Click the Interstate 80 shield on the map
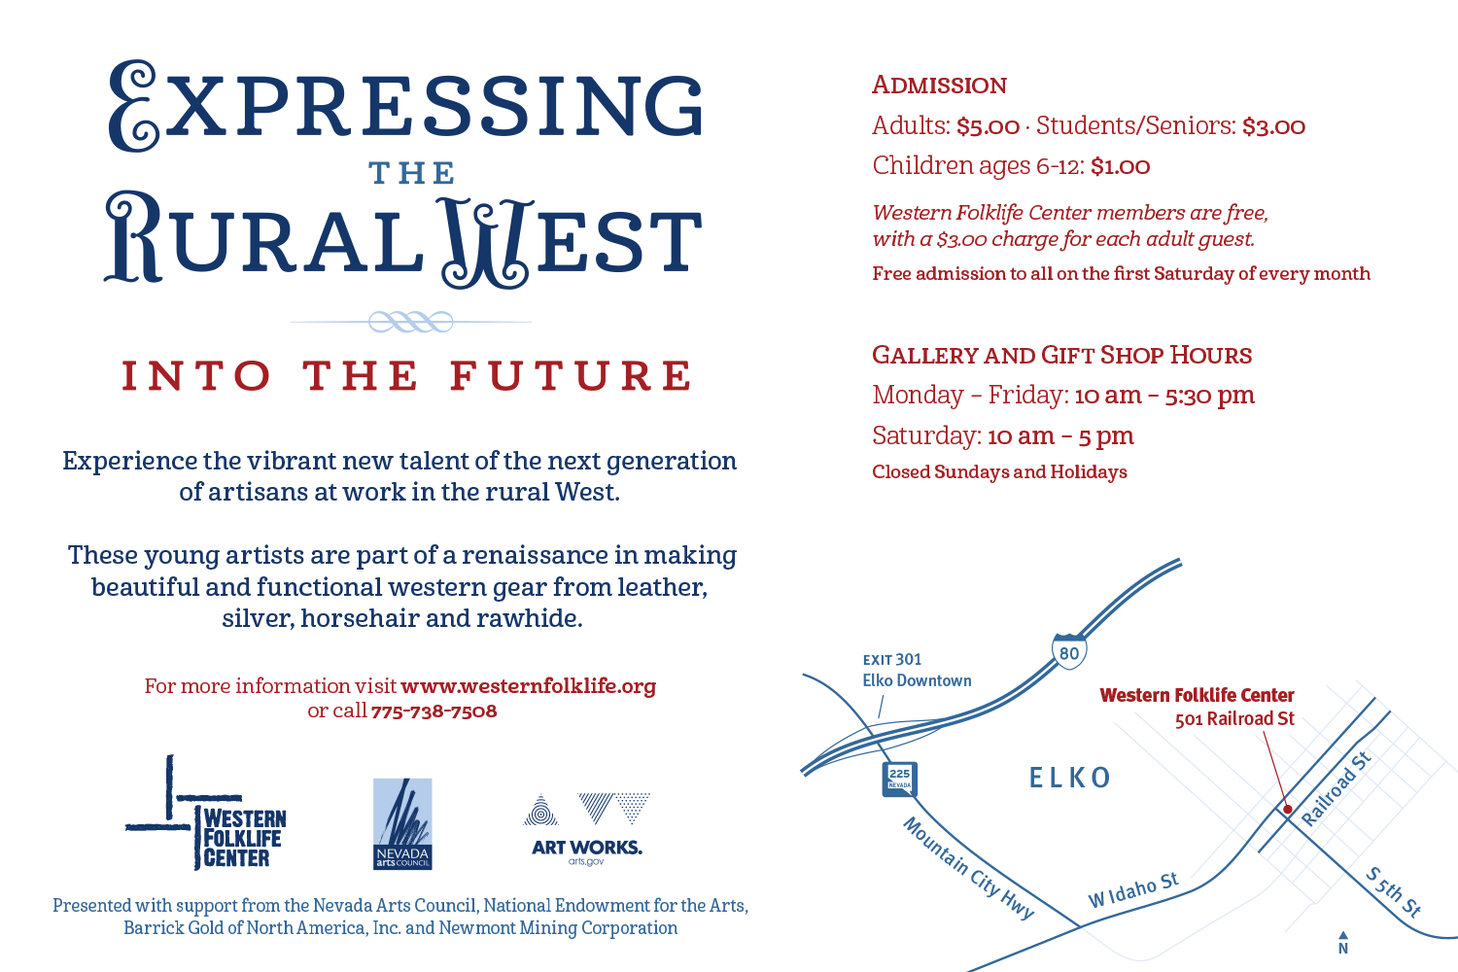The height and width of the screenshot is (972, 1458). pos(1069,651)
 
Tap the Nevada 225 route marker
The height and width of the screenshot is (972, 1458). pos(899,780)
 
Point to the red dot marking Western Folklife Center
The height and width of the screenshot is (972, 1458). pos(1287,810)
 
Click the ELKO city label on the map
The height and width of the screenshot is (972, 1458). pos(1070,778)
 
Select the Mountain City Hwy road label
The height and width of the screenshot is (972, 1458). pos(968,868)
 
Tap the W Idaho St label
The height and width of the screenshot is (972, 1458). pos(1133,890)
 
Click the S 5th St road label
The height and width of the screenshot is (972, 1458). pos(1393,891)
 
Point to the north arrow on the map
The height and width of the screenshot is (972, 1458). pos(1342,943)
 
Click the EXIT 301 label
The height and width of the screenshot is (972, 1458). pos(892,659)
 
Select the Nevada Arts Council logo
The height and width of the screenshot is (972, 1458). pos(402,823)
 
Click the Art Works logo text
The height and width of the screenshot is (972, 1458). pos(586,847)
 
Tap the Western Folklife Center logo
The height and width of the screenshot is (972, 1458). pos(206,813)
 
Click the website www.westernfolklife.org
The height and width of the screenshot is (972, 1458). pos(529,686)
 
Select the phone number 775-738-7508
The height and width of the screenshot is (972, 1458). pos(434,711)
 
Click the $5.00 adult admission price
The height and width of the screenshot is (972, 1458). pos(989,126)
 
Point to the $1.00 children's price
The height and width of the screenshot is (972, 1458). pos(1120,166)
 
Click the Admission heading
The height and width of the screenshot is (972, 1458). pos(939,86)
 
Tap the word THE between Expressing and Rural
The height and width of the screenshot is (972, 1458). pos(411,173)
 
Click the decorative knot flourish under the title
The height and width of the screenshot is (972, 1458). pos(411,322)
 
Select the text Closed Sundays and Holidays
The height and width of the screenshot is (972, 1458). pos(999,472)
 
